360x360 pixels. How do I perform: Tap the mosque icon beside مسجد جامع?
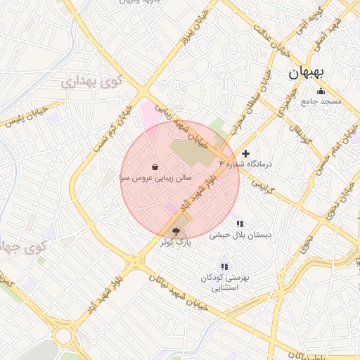[x=321, y=91]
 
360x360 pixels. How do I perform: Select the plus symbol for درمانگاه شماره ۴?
[x=245, y=153]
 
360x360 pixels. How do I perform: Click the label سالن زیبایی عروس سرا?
[x=154, y=179]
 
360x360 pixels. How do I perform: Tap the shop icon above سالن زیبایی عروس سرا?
[x=155, y=168]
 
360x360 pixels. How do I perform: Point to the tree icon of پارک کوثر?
[x=176, y=230]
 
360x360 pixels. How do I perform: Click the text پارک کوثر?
[x=175, y=242]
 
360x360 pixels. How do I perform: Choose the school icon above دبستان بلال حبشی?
[x=240, y=224]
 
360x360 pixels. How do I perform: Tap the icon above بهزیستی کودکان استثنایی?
[x=224, y=266]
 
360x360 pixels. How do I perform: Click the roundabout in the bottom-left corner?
[x=65, y=336]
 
